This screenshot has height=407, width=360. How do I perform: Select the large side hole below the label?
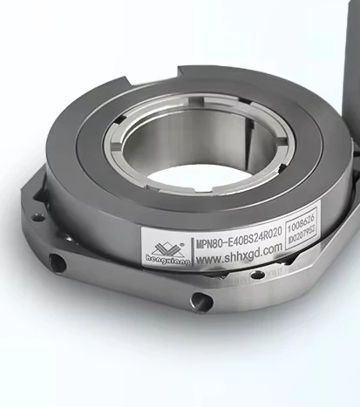(x=202, y=301)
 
